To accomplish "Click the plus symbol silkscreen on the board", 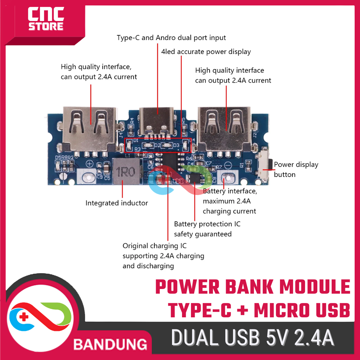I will (x=90, y=164).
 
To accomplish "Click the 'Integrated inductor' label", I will (x=117, y=203).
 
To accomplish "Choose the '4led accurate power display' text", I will (x=206, y=52).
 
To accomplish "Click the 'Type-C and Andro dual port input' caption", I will (x=171, y=38).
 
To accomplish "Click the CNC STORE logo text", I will (x=46, y=19).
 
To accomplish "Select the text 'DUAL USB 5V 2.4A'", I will (x=252, y=338).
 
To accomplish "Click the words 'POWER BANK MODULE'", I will (x=253, y=288).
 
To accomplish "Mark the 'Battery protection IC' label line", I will (x=207, y=224).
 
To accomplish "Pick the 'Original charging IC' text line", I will (x=155, y=246).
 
